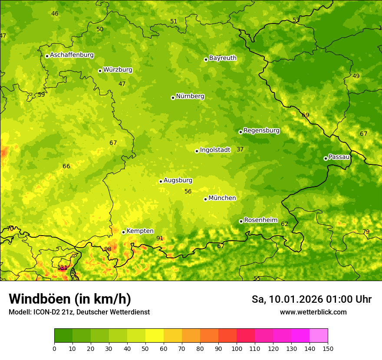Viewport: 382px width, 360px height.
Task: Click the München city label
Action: click(x=222, y=198)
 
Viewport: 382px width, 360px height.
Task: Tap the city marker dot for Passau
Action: click(x=326, y=158)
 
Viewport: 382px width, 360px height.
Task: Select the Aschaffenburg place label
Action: click(x=72, y=55)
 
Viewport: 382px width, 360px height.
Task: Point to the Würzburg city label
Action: click(x=118, y=70)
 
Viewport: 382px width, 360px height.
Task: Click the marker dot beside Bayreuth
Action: click(x=206, y=59)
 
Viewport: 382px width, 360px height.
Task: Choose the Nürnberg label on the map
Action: click(x=190, y=96)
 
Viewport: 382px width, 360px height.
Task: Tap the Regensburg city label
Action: click(x=261, y=131)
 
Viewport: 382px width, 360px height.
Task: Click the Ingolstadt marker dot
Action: click(x=197, y=151)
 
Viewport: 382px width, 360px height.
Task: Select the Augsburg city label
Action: click(x=178, y=180)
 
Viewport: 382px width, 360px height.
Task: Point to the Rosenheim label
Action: click(x=260, y=220)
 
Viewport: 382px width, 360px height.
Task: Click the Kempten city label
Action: click(x=140, y=231)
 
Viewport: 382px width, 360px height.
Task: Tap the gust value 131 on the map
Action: click(x=63, y=268)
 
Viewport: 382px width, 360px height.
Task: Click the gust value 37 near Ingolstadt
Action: click(x=240, y=150)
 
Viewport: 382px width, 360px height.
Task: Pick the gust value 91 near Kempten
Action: click(x=160, y=238)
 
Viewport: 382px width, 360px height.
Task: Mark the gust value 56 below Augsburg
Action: click(x=188, y=191)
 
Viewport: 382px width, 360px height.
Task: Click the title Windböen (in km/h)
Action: click(x=70, y=299)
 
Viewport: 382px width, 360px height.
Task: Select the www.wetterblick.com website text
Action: click(x=313, y=312)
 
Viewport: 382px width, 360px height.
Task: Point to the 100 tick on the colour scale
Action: click(x=237, y=348)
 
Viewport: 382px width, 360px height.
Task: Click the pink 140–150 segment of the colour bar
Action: click(x=319, y=335)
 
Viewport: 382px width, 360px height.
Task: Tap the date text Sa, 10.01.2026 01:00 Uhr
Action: click(x=312, y=299)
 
